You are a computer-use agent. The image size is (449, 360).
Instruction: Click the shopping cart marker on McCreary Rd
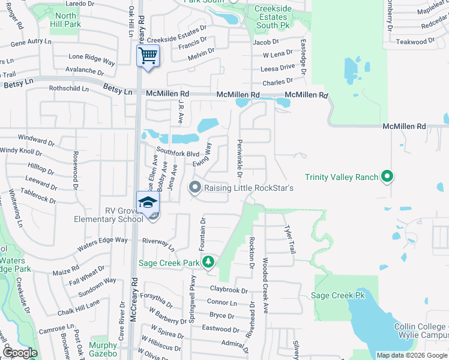[148, 56]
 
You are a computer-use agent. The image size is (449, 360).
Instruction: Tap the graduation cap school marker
[148, 202]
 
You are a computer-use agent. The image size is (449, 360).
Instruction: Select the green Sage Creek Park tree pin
[208, 262]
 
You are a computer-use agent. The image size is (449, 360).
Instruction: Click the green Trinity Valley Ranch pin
[388, 176]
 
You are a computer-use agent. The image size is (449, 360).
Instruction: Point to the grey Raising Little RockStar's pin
[194, 188]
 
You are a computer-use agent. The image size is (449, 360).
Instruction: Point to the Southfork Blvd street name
[178, 152]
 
